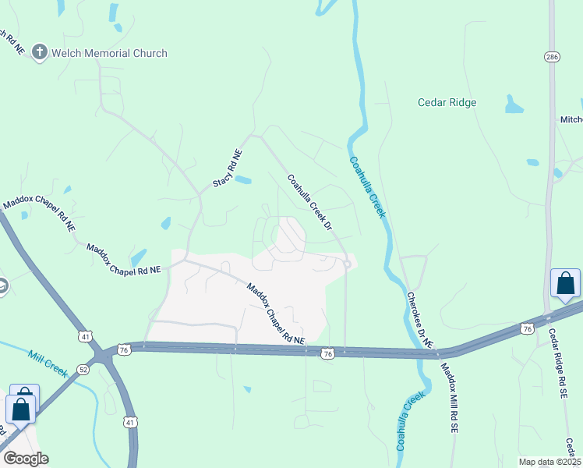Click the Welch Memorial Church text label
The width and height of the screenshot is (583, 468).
point(110,53)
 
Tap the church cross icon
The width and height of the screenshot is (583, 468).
point(41,53)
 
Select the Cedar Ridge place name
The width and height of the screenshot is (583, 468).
point(447,102)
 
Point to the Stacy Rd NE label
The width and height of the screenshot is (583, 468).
point(228,168)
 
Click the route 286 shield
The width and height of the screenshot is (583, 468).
point(551,57)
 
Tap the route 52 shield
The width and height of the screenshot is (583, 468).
point(83,370)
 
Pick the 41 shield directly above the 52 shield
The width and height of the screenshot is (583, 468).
point(83,336)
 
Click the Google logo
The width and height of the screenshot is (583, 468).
point(26,458)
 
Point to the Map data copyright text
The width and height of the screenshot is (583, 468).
point(549,462)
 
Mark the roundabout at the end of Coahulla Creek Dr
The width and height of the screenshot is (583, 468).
point(346,264)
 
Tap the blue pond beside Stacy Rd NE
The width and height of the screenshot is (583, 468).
point(243,180)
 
